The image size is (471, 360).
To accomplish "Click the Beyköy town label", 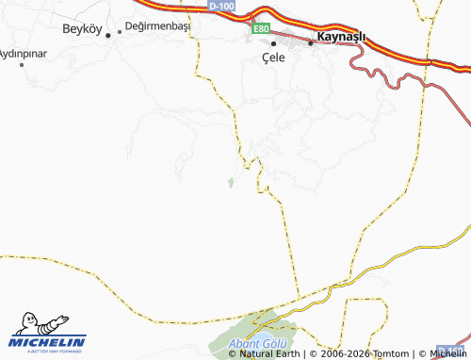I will [x=82, y=28].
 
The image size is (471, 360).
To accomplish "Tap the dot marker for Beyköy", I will [x=108, y=35].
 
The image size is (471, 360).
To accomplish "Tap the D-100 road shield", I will [x=222, y=7].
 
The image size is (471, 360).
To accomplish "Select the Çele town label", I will [x=273, y=57].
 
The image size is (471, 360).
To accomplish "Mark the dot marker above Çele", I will [x=274, y=43].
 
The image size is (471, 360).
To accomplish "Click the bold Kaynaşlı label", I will [x=342, y=37].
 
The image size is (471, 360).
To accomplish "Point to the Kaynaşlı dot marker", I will [x=310, y=42].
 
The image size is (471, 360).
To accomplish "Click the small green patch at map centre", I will [x=230, y=181].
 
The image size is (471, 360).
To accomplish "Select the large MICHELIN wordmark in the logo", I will [x=49, y=342].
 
